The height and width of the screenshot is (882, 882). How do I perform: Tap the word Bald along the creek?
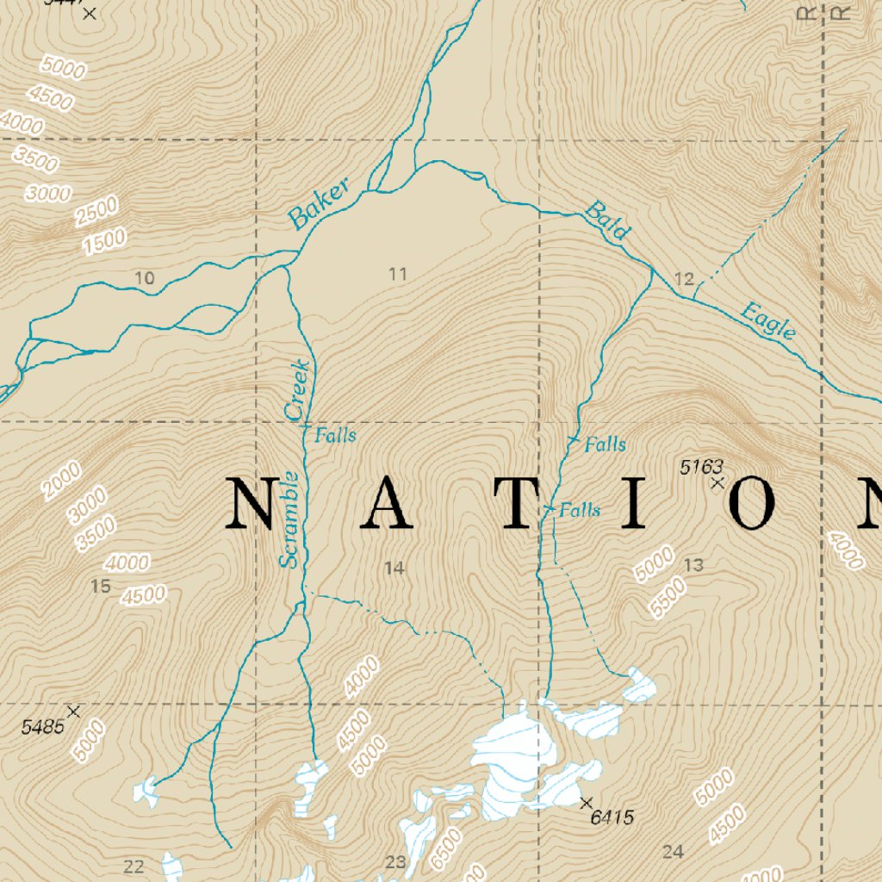pyautogui.click(x=608, y=220)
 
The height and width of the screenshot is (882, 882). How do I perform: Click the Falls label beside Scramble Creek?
pyautogui.click(x=335, y=435)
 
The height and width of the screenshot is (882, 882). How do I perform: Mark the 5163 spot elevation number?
pyautogui.click(x=701, y=467)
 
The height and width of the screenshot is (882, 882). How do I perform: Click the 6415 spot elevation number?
pyautogui.click(x=612, y=817)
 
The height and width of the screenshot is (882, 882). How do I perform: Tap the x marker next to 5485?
pyautogui.click(x=73, y=711)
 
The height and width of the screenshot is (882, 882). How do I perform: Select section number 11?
pyautogui.click(x=397, y=275)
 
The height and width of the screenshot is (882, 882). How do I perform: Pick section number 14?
pyautogui.click(x=394, y=568)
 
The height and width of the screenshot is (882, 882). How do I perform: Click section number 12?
pyautogui.click(x=684, y=279)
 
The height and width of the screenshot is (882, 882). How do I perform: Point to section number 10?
pyautogui.click(x=145, y=277)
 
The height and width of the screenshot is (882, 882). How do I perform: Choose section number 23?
pyautogui.click(x=395, y=862)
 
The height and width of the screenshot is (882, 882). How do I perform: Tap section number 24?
pyautogui.click(x=673, y=852)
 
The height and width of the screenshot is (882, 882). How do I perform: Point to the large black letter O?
pyautogui.click(x=757, y=501)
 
